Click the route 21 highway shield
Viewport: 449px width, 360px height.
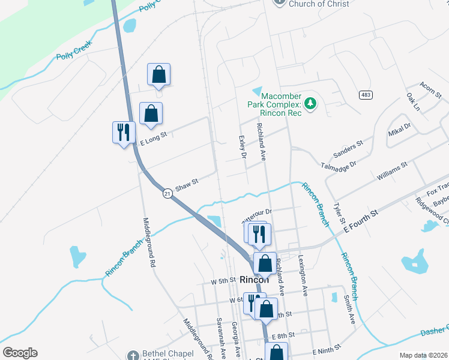[x=167, y=193]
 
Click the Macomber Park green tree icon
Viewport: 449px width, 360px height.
[x=310, y=104]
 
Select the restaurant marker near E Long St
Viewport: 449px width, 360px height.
[x=124, y=132]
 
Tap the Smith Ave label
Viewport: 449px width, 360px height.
[x=350, y=310]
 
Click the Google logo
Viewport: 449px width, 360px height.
[x=20, y=353]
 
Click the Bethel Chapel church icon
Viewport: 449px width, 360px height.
[x=133, y=355]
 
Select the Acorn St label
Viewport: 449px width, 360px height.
[x=431, y=90]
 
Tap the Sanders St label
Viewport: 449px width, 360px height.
[x=349, y=149]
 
